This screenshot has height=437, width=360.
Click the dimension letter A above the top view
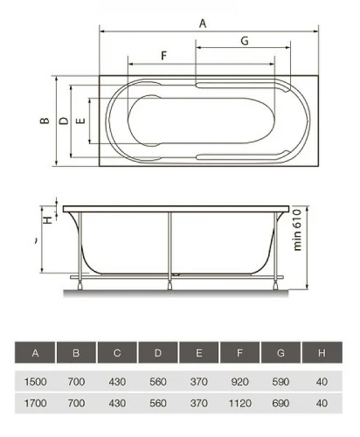click(203, 24)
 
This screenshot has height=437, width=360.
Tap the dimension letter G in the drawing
click(245, 41)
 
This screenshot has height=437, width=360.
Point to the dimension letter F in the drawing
click(164, 55)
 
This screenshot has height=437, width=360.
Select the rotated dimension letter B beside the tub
click(45, 121)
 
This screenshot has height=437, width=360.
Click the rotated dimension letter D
click(64, 121)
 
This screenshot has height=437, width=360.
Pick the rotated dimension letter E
click(80, 121)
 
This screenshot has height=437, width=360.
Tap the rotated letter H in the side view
click(48, 220)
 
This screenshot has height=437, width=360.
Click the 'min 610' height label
click(297, 230)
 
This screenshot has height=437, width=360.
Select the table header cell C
click(117, 353)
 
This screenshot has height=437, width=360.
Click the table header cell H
click(322, 353)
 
